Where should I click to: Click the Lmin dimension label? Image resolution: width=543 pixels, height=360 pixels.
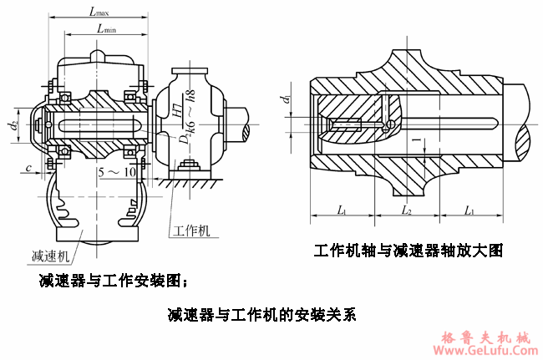click(x=106, y=28)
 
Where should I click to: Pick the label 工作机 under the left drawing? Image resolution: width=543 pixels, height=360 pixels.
click(x=191, y=228)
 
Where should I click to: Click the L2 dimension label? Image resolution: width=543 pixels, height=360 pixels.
click(x=407, y=210)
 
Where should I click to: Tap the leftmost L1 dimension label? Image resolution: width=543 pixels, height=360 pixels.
click(x=343, y=210)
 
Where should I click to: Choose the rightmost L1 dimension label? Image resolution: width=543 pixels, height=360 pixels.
click(x=470, y=210)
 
